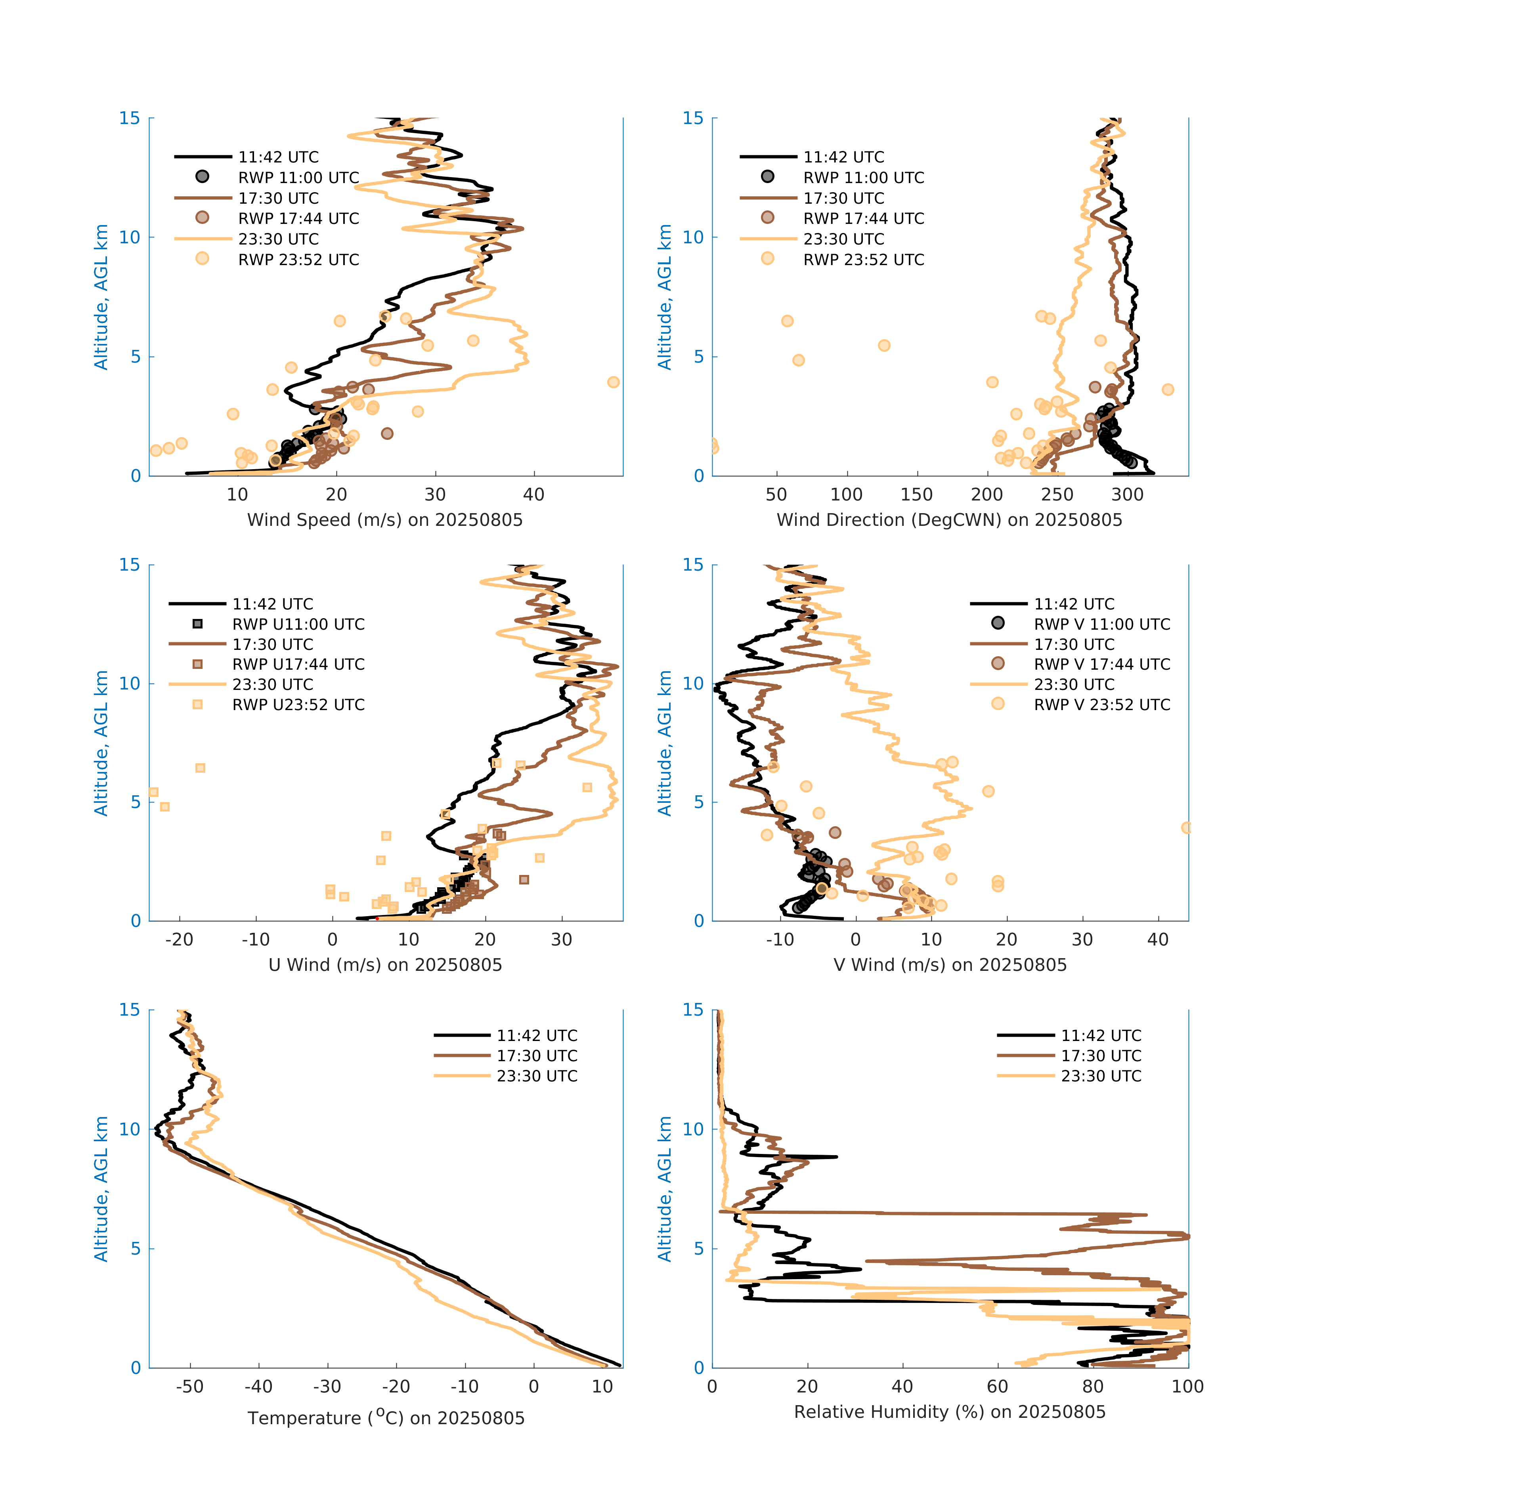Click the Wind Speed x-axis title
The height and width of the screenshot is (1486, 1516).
[385, 520]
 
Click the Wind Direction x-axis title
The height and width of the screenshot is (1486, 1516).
[949, 520]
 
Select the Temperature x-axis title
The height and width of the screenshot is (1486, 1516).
[386, 1417]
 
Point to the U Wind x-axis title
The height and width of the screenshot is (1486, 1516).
[385, 965]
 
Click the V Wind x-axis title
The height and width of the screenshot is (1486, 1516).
[949, 965]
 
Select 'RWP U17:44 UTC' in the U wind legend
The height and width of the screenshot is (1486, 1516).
[298, 664]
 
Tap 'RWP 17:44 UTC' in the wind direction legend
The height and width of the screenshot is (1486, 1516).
[863, 218]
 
